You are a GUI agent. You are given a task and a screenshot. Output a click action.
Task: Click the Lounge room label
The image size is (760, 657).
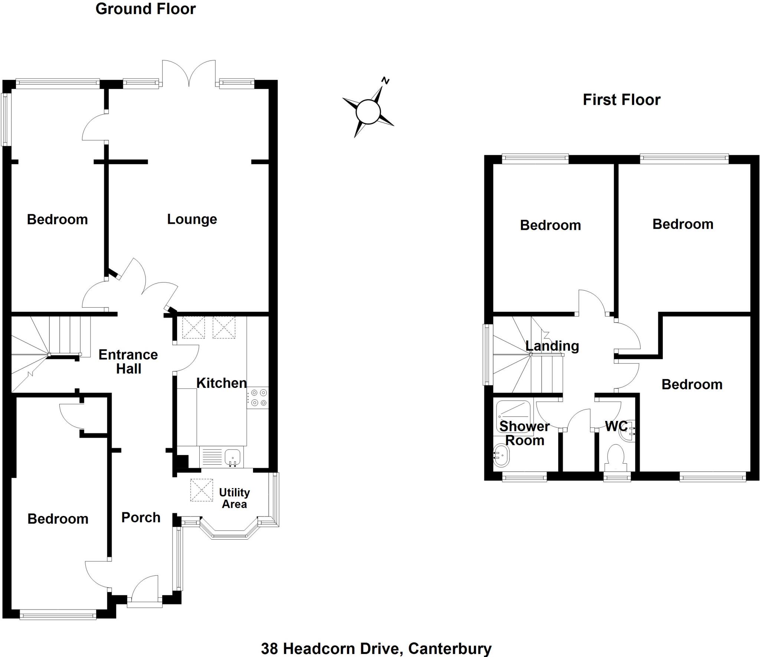(192, 219)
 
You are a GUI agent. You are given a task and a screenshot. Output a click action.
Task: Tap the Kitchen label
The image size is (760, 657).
(221, 383)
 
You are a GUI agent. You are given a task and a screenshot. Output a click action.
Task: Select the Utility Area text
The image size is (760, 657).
(234, 498)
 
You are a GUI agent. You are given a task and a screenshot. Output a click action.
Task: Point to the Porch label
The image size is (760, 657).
(141, 517)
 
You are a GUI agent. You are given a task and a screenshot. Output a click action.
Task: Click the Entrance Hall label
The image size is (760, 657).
(128, 362)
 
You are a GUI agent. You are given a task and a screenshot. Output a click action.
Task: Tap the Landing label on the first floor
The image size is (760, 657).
(552, 346)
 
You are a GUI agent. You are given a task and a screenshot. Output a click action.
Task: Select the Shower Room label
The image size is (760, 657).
(524, 434)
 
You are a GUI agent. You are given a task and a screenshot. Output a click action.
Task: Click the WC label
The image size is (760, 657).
(616, 426)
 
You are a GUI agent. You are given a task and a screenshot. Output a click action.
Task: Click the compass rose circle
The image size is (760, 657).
(368, 111)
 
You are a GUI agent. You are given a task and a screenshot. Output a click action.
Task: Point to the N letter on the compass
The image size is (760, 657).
(386, 81)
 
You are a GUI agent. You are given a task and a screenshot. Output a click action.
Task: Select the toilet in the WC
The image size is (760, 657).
(616, 459)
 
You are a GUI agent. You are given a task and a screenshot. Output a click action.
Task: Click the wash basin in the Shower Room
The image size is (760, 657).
(501, 456)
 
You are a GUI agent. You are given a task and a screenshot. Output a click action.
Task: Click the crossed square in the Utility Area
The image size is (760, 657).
(202, 490)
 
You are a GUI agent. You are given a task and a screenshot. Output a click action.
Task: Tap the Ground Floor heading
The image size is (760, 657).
(145, 9)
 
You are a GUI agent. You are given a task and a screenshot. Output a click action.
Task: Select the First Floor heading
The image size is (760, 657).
(622, 100)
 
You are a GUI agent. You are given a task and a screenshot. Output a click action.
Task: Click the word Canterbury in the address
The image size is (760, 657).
(450, 648)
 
